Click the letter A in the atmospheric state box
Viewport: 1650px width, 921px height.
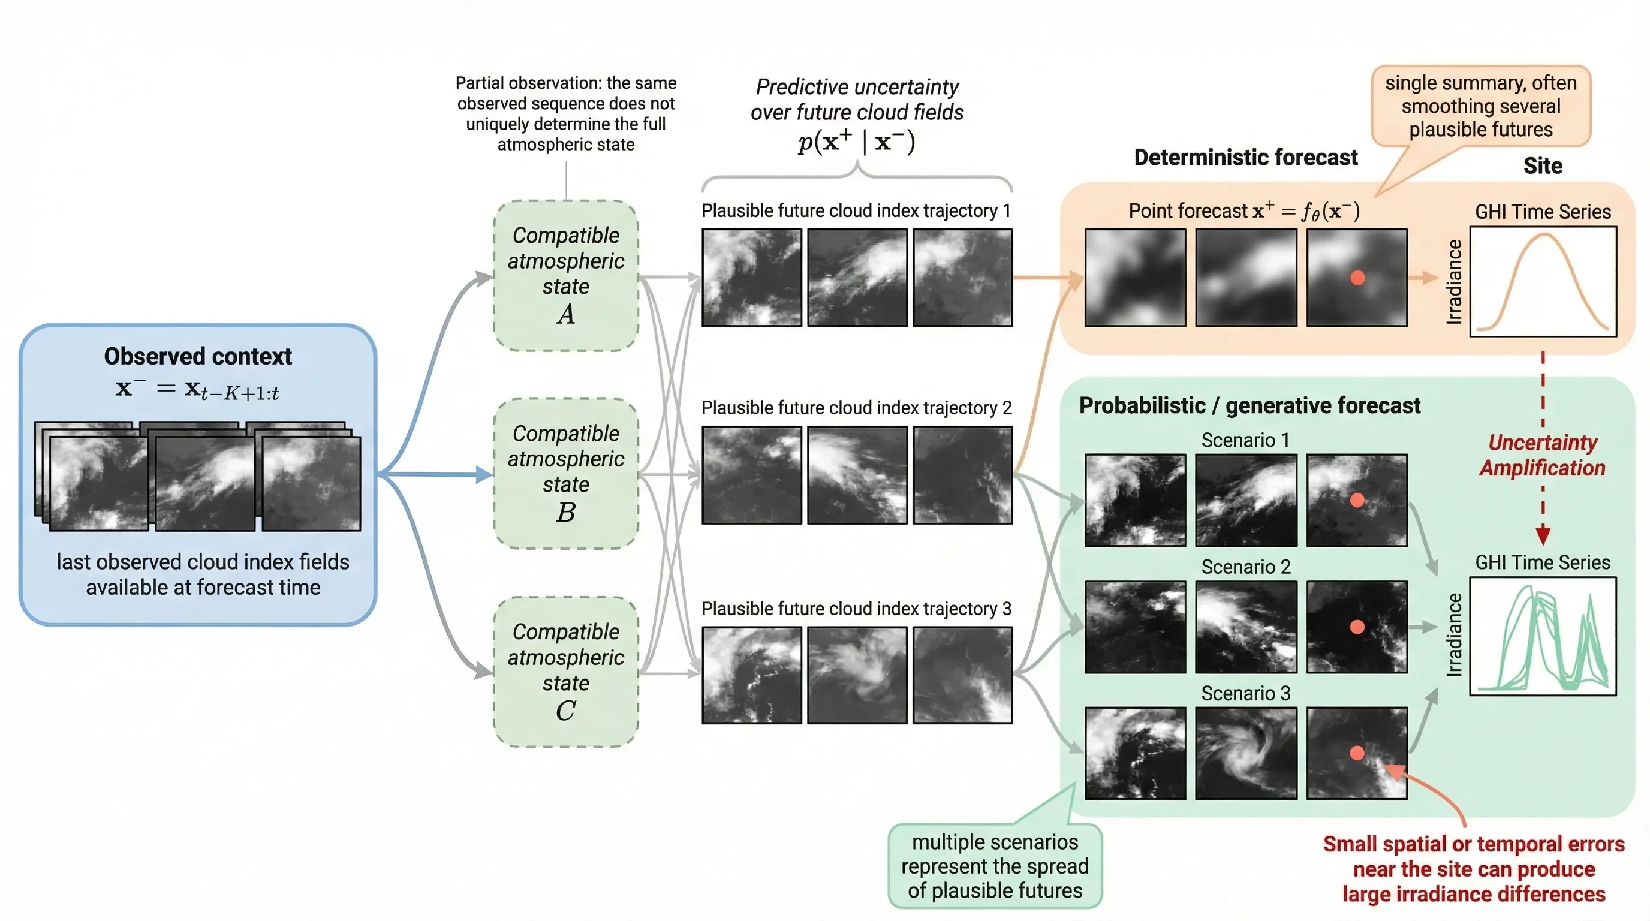(565, 314)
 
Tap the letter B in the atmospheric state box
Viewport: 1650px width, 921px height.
(565, 513)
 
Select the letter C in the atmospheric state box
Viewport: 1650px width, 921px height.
(565, 711)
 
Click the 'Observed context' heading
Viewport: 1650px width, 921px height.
(198, 356)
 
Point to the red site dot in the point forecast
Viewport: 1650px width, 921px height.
(1357, 278)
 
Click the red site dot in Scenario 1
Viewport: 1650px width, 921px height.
(1357, 500)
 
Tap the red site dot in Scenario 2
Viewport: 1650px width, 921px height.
(1357, 627)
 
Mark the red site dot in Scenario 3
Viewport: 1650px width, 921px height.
(1357, 753)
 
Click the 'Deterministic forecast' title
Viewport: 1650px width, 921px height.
(1245, 158)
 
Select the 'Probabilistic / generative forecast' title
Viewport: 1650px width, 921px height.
(1249, 405)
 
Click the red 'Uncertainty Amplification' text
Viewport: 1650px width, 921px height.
(1543, 455)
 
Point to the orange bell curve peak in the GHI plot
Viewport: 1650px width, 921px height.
(1544, 236)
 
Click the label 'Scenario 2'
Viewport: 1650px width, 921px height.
(1245, 567)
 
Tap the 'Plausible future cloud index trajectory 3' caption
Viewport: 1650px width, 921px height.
(856, 609)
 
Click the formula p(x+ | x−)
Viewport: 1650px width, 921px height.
(856, 141)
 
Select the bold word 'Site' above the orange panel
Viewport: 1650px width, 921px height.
(1543, 167)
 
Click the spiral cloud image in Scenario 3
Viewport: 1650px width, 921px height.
(1245, 753)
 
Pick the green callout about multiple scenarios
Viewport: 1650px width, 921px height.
(994, 866)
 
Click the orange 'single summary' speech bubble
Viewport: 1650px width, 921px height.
(1480, 106)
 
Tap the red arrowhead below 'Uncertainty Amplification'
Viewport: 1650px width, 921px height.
(1543, 535)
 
